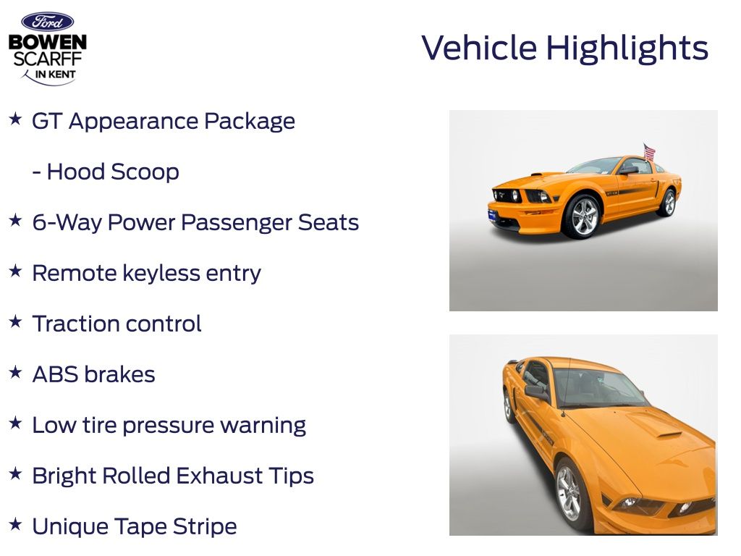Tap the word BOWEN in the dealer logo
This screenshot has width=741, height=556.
48,42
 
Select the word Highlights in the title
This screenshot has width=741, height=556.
627,49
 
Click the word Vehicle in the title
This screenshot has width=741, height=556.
479,48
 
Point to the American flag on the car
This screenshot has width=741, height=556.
649,152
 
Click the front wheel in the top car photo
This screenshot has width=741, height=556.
584,216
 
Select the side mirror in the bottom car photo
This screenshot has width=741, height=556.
536,392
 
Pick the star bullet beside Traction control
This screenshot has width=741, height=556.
15,321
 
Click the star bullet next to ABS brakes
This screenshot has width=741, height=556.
15,372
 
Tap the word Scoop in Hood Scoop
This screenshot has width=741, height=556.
144,172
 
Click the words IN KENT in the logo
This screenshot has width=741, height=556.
55,75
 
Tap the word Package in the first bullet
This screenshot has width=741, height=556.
250,122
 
